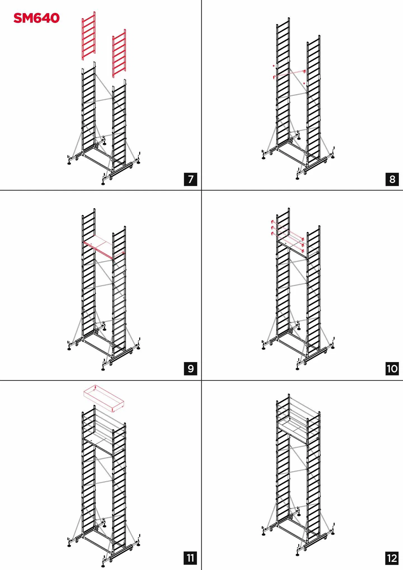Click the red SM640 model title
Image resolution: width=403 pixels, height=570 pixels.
pyautogui.click(x=36, y=18)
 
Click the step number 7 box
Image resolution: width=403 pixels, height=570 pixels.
pyautogui.click(x=191, y=179)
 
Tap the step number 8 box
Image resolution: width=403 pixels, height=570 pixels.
pyautogui.click(x=392, y=179)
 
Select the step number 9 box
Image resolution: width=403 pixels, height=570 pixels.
pyautogui.click(x=191, y=369)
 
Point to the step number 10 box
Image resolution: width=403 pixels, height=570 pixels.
pyautogui.click(x=392, y=369)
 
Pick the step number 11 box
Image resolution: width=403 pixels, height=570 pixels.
pyautogui.click(x=191, y=558)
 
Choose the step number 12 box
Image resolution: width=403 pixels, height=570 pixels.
pyautogui.click(x=392, y=558)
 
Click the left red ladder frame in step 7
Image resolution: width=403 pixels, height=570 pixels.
pyautogui.click(x=89, y=36)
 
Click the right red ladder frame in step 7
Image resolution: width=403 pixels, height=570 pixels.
pyautogui.click(x=119, y=53)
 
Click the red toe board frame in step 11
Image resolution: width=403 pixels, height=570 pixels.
pyautogui.click(x=104, y=398)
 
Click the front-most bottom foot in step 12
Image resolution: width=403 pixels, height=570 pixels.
pyautogui.click(x=297, y=554)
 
